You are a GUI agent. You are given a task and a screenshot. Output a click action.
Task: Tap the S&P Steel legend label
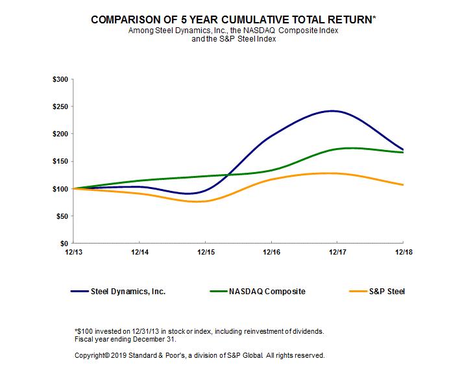click(x=387, y=292)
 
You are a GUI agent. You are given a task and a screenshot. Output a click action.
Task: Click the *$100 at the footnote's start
click(x=84, y=331)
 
